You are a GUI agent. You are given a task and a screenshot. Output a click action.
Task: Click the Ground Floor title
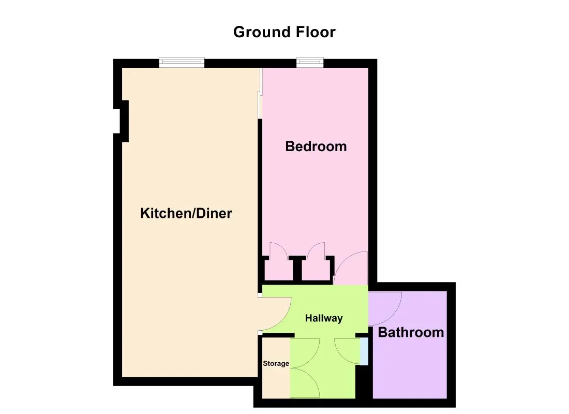coord(284,32)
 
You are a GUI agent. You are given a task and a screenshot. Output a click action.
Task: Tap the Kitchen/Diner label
coord(186,213)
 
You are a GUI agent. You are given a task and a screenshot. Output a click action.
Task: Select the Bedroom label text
coord(316,146)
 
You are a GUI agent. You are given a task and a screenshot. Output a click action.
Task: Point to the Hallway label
coord(324,318)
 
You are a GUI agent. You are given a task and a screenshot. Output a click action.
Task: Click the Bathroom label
coord(411,332)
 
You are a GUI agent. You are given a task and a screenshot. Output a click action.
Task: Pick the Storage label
coord(276,363)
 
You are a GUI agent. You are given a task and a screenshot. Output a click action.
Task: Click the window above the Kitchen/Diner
coord(182,63)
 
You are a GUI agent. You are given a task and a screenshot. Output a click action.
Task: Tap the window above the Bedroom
coord(310,63)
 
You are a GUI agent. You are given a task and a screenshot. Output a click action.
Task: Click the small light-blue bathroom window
coord(364,351)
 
